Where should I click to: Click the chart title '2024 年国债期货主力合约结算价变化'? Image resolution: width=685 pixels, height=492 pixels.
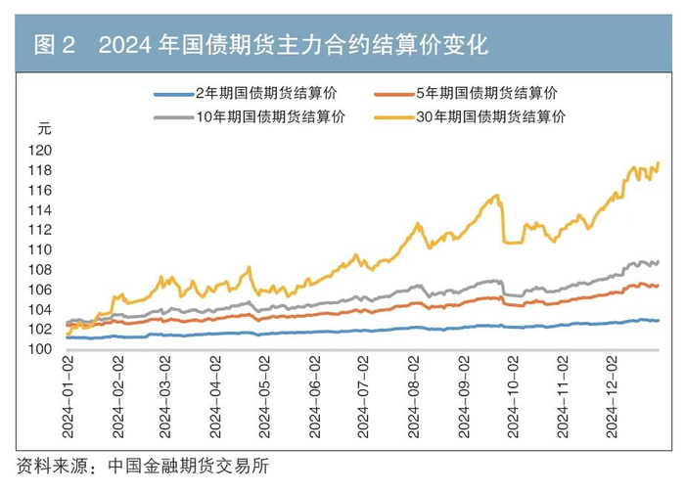pos(294,44)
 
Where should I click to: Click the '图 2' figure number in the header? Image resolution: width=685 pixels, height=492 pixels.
pos(55,44)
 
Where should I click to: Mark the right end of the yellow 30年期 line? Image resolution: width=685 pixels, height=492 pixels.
pos(659,162)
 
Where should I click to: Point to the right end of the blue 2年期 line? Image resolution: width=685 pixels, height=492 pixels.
pos(659,320)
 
